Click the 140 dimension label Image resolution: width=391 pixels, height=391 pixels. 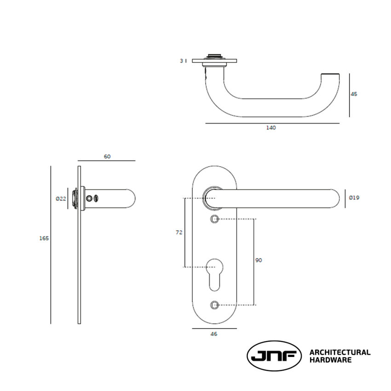271,128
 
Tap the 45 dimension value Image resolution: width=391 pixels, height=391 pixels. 354,94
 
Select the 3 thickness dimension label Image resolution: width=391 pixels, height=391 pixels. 181,61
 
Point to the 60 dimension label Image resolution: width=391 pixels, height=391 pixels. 107,156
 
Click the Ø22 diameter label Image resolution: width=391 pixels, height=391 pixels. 61,198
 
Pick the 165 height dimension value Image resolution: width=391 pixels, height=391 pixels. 44,238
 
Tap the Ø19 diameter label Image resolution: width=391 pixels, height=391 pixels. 354,198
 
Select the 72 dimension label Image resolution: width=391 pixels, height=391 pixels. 179,232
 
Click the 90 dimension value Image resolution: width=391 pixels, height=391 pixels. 259,260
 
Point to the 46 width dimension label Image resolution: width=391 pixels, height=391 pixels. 214,334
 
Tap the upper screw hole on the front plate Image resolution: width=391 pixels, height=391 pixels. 214,219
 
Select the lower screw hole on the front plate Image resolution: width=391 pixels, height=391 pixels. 214,305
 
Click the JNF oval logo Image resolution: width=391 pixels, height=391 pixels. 274,356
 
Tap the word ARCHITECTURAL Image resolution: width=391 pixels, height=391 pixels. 339,352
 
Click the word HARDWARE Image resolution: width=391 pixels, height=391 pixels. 330,360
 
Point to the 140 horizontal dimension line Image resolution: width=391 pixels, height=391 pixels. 272,123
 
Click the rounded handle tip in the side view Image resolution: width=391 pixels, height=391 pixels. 131,198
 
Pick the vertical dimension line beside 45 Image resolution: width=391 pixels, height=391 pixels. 349,95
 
